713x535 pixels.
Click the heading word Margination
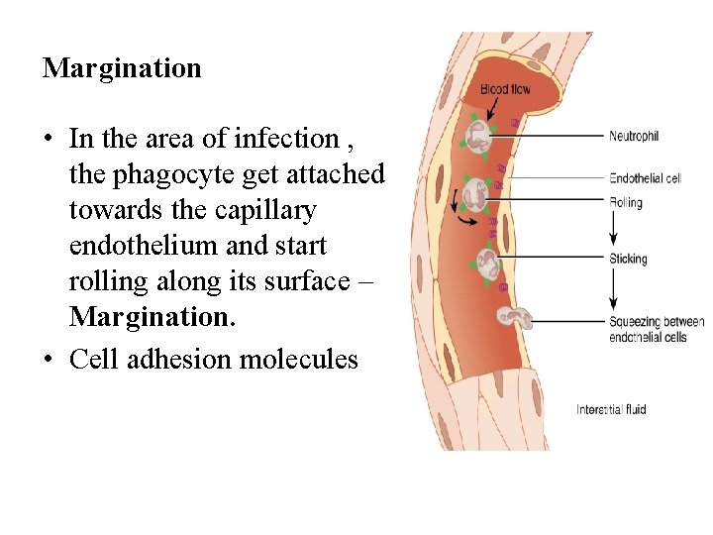[x=122, y=68]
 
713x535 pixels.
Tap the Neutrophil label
[x=634, y=136]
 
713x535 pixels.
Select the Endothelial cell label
[x=645, y=179]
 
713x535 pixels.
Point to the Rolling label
[x=626, y=203]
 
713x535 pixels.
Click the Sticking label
[x=628, y=260]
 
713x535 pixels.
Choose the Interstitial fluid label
[x=611, y=409]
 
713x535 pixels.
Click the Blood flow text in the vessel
[x=505, y=90]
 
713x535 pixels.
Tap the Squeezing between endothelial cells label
[x=657, y=329]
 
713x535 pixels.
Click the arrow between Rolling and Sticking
[x=614, y=231]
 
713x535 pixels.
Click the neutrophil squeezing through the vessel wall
[x=514, y=317]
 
